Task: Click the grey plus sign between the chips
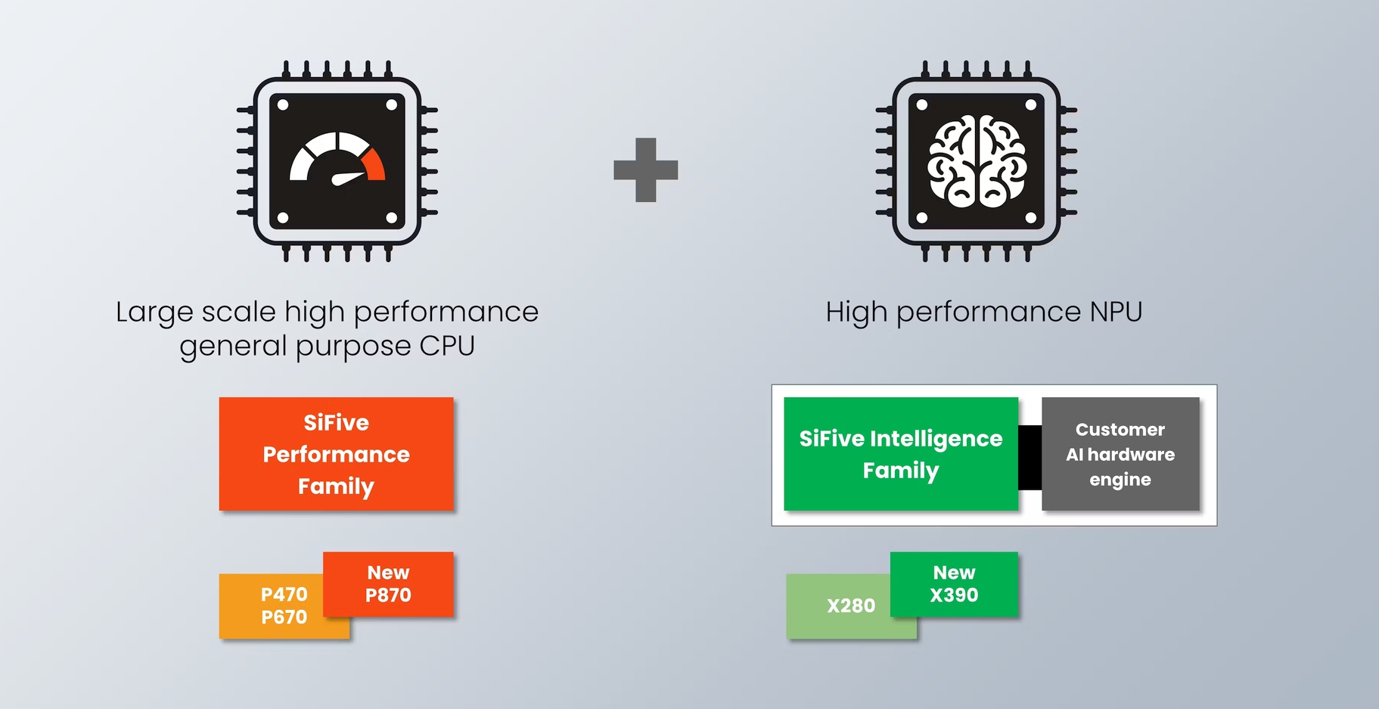coord(645,169)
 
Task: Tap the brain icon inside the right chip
coord(977,162)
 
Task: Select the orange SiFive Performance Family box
coord(336,454)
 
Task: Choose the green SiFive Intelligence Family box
coord(900,454)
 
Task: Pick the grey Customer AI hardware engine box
coord(1120,454)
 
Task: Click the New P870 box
coord(388,583)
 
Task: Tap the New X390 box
coord(954,583)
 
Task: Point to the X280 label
coord(850,606)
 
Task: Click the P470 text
coord(284,595)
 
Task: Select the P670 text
coord(284,617)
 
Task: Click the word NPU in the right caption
coord(1116,312)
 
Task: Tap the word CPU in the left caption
coord(447,347)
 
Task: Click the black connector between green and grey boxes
coord(1030,457)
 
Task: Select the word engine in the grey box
coord(1120,480)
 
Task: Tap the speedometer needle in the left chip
coord(348,178)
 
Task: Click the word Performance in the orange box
coord(336,455)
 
